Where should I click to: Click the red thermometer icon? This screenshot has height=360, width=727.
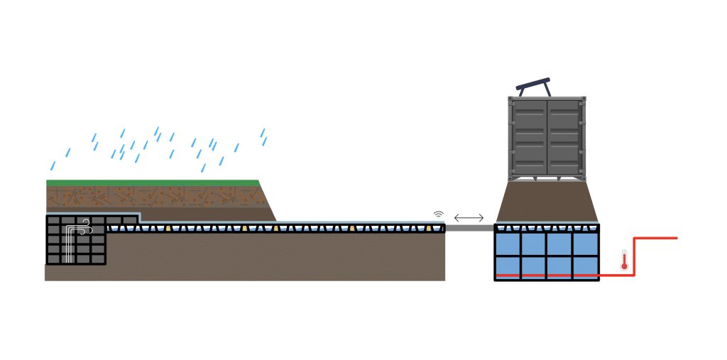pyautogui.click(x=624, y=261)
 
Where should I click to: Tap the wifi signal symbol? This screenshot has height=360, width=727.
pyautogui.click(x=438, y=213)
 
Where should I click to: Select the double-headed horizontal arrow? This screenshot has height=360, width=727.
pyautogui.click(x=469, y=217)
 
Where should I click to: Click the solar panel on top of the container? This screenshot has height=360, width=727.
pyautogui.click(x=534, y=85)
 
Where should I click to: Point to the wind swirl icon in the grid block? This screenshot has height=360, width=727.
pyautogui.click(x=84, y=226)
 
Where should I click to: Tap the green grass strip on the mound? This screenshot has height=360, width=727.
pyautogui.click(x=152, y=182)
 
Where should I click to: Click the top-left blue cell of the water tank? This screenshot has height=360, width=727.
pyautogui.click(x=508, y=244)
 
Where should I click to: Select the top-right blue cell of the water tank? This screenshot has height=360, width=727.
pyautogui.click(x=586, y=244)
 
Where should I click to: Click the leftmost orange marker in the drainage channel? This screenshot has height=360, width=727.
pyautogui.click(x=168, y=228)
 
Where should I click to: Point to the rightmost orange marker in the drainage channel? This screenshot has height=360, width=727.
pyautogui.click(x=429, y=228)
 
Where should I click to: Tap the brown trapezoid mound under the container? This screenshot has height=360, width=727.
pyautogui.click(x=547, y=202)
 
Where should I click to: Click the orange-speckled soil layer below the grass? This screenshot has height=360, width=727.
pyautogui.click(x=152, y=196)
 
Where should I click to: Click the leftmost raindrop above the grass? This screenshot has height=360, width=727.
pyautogui.click(x=52, y=166)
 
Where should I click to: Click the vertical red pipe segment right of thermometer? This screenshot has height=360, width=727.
pyautogui.click(x=635, y=256)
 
